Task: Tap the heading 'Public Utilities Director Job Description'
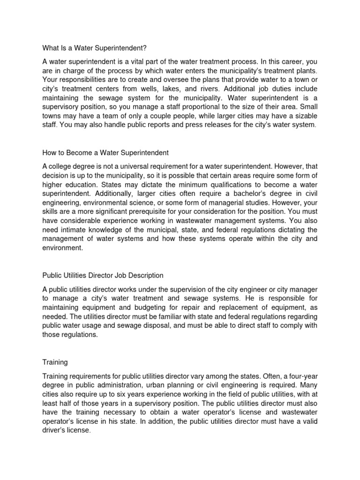click(103, 275)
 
